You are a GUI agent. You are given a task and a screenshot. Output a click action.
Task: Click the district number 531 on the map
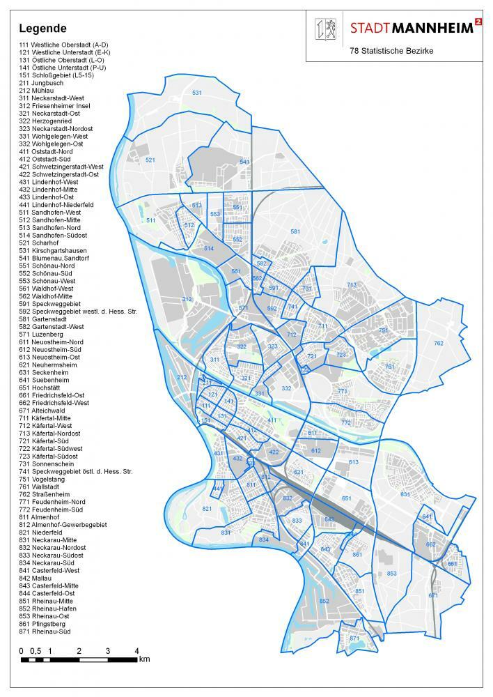[197, 93]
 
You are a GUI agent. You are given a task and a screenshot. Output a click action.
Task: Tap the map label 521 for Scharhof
[150, 160]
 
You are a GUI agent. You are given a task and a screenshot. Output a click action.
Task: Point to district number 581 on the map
[295, 231]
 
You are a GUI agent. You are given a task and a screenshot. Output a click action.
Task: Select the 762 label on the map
[439, 343]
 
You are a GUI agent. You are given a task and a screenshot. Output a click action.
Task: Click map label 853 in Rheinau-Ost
[392, 574]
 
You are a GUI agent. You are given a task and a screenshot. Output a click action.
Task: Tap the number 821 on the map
[207, 509]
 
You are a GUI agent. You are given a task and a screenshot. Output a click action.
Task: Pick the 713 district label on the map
[352, 284]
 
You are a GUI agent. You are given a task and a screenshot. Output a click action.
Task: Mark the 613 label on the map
[353, 462]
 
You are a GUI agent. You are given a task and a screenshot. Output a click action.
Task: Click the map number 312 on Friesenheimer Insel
[187, 299]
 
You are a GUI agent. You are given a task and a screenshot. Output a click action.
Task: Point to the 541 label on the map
[244, 162]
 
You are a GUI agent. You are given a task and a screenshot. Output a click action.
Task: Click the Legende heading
[42, 29]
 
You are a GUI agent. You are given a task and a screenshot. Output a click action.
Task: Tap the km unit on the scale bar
[144, 659]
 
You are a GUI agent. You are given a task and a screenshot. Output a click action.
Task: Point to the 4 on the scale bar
[136, 650]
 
